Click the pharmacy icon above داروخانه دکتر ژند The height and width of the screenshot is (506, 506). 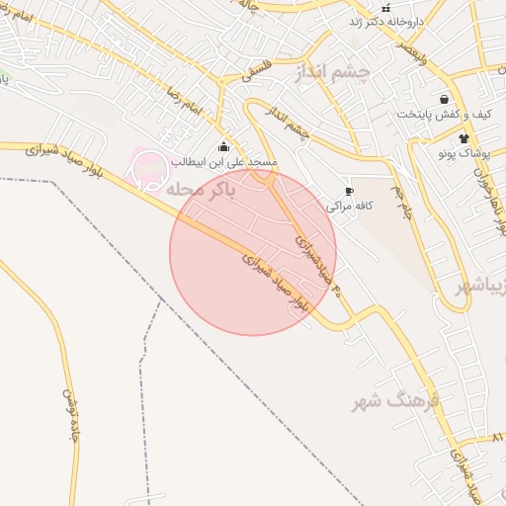pos(385,8)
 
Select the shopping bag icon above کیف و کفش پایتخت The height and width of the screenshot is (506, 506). pos(445,100)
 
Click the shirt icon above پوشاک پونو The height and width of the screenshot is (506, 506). pos(464,138)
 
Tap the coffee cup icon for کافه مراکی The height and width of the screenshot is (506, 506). pos(348,192)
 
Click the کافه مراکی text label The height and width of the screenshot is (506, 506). pos(348,206)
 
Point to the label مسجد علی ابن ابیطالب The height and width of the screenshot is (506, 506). pos(224,160)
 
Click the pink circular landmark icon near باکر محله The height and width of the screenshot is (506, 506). pos(148,168)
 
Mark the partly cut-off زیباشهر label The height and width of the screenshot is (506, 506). pos(482,287)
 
